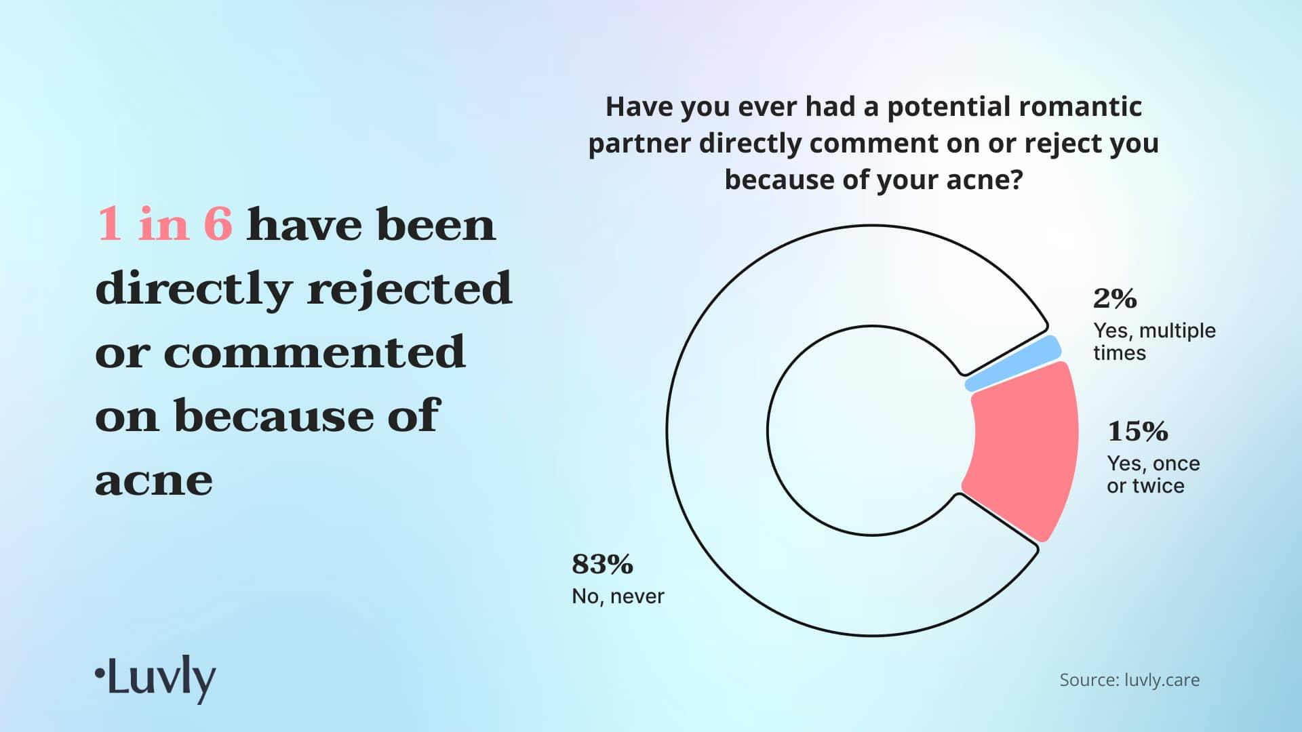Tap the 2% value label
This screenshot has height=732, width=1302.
click(1115, 298)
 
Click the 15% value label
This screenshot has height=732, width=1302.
click(1137, 431)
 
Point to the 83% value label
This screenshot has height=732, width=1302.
click(602, 564)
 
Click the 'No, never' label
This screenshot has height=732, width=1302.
click(618, 596)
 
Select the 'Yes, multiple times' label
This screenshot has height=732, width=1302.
click(1154, 342)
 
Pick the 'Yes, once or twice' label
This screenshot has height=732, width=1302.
click(1153, 474)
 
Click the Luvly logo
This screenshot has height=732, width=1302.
click(155, 678)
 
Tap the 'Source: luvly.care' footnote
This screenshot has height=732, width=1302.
click(1130, 680)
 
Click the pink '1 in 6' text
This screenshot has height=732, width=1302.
click(165, 224)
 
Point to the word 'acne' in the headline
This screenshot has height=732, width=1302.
click(154, 481)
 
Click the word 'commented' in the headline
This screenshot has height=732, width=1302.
click(315, 352)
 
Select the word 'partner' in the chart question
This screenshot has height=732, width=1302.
click(639, 144)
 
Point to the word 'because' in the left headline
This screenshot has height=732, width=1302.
click(274, 415)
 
